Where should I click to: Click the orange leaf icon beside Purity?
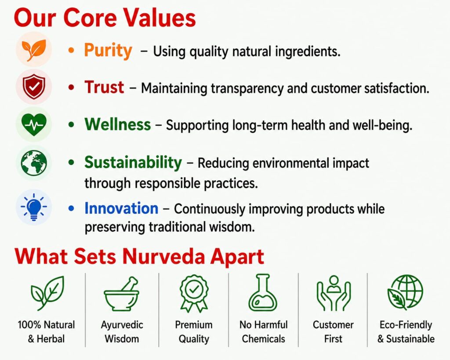(x=34, y=50)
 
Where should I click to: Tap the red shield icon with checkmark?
(x=34, y=87)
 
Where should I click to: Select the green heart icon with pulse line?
(x=34, y=124)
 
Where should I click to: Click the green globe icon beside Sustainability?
(x=34, y=163)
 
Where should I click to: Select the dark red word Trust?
(x=104, y=87)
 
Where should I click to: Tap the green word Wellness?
(x=118, y=124)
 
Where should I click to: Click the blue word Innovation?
(x=121, y=208)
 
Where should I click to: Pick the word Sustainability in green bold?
(x=133, y=163)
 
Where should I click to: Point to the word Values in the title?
(x=160, y=18)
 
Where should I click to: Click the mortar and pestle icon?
(x=121, y=294)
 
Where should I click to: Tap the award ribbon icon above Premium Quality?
(x=194, y=293)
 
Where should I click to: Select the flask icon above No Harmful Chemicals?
(x=263, y=293)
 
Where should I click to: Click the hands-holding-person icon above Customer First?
(x=334, y=293)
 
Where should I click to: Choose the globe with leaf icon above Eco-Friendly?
(x=405, y=292)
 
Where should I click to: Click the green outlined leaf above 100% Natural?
(x=47, y=293)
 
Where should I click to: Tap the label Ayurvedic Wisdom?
(x=122, y=331)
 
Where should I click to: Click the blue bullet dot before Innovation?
(x=72, y=208)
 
